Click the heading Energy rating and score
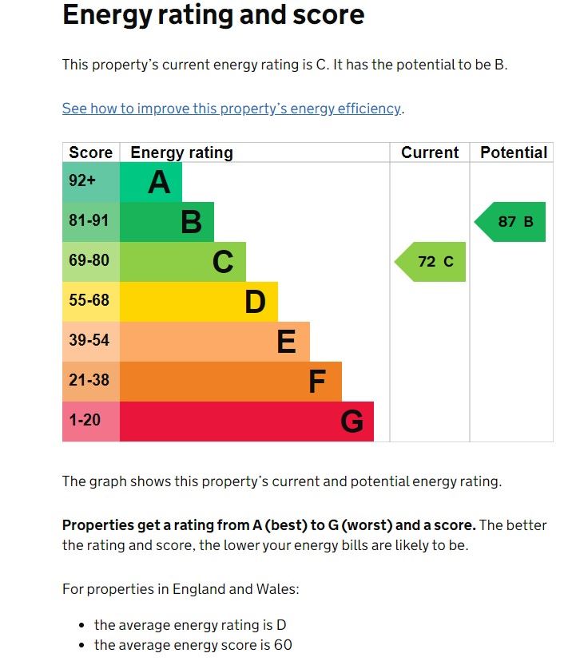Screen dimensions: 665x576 coord(213,14)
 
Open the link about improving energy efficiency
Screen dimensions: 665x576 coord(232,109)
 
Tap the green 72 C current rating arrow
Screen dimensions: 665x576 coord(431,262)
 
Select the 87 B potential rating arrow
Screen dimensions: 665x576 coord(511,222)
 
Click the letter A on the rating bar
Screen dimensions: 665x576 coord(159,183)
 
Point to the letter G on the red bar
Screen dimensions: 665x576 coord(352,422)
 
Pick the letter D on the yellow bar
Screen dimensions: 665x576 coord(255,303)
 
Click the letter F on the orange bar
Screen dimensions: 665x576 coord(317,382)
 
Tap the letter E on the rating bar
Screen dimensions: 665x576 coord(286,342)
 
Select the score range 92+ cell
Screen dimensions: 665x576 coord(82,181)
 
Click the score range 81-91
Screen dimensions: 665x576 coord(89,221)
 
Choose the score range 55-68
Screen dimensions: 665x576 coord(89,301)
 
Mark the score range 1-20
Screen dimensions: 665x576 coord(85,420)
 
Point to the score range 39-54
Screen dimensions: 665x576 coord(89,341)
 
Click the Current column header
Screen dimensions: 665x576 coord(430,152)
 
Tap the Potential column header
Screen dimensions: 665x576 coord(514,152)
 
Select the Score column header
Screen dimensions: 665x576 coord(90,152)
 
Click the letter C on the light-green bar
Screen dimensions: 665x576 coord(223,263)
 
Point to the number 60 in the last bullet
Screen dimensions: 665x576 coord(283,645)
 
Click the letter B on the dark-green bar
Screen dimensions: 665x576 coord(191,223)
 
